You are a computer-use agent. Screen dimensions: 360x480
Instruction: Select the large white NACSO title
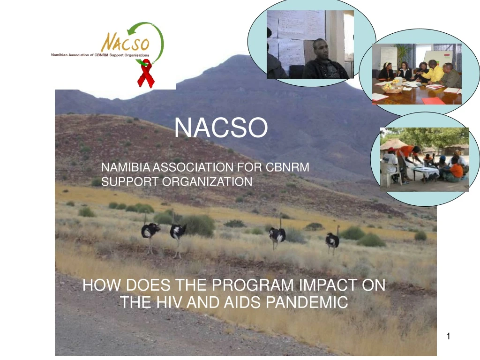(x=221, y=127)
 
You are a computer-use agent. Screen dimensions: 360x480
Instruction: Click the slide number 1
(x=449, y=336)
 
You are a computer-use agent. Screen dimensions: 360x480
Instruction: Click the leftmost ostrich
(x=150, y=231)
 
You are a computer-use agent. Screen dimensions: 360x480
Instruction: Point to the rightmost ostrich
(x=332, y=240)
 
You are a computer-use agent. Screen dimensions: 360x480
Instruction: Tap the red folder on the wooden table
(x=432, y=100)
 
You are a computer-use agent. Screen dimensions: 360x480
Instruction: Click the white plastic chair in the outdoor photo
(x=388, y=172)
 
